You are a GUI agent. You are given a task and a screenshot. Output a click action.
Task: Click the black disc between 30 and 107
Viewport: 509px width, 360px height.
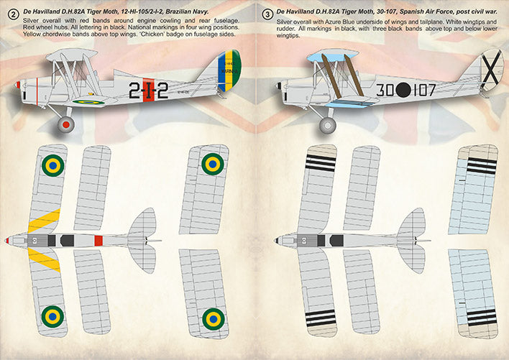(x=403, y=91)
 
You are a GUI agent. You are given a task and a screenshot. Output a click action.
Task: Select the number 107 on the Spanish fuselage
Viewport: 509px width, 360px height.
(x=424, y=91)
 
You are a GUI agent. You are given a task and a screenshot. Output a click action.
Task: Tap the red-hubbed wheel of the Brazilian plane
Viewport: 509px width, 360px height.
(x=66, y=125)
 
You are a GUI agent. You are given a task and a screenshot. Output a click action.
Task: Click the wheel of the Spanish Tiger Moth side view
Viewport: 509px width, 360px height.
(x=328, y=125)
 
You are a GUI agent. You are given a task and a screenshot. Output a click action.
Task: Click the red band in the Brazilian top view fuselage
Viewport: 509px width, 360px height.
(x=98, y=239)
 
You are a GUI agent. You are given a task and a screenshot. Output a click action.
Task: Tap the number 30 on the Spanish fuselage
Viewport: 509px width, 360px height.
(x=383, y=91)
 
